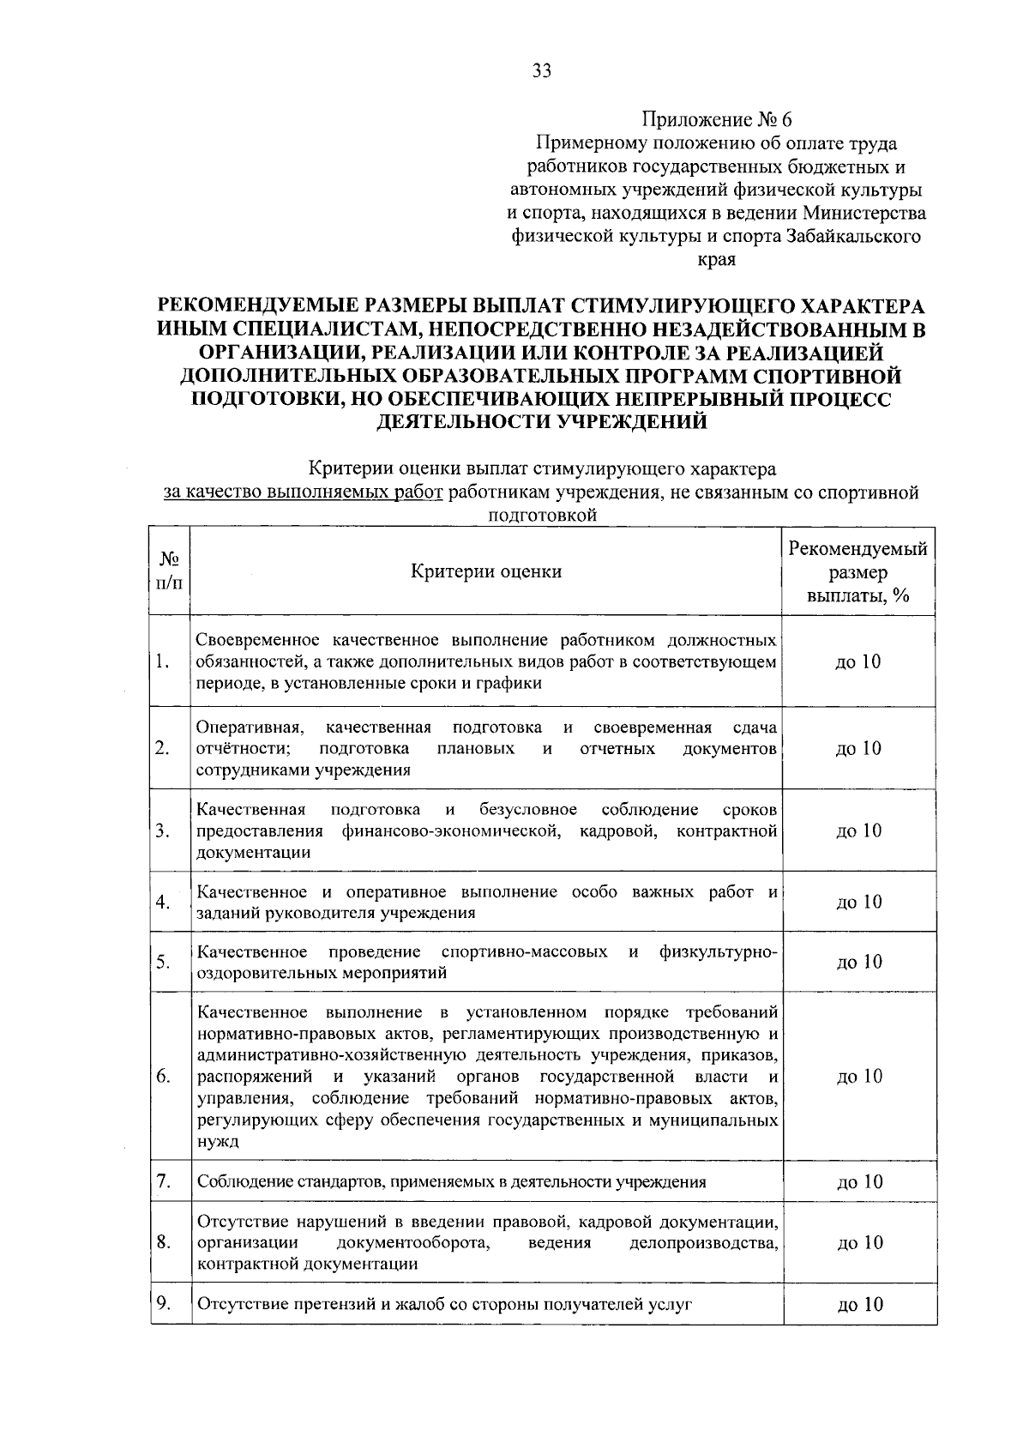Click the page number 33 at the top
point(541,71)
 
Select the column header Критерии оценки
point(485,571)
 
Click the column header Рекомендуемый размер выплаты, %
point(857,571)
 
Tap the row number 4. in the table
point(163,902)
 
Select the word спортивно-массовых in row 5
point(524,951)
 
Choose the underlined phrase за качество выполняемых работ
point(303,493)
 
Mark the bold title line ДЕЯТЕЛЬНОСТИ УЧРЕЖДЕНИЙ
point(542,421)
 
